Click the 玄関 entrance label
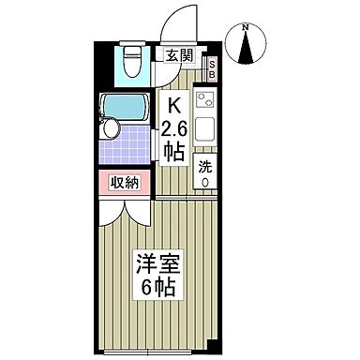coord(181,55)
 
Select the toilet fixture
coord(131,66)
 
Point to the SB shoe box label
coord(212,67)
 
